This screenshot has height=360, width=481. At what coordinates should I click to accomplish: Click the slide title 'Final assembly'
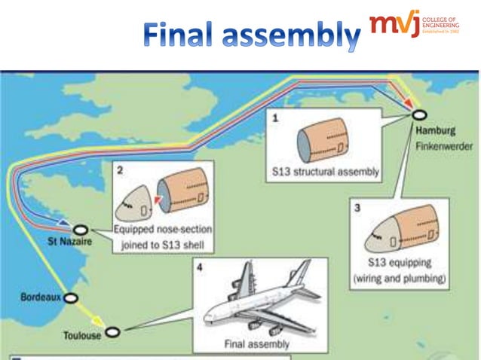(x=249, y=35)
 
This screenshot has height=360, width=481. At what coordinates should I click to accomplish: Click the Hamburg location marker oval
(x=419, y=114)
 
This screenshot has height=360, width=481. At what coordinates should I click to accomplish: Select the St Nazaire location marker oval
(x=79, y=228)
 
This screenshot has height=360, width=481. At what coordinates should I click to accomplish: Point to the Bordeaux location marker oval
(x=70, y=297)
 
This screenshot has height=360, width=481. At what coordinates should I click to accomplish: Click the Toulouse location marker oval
(x=112, y=331)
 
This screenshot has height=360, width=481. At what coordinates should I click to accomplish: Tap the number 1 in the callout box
(x=277, y=118)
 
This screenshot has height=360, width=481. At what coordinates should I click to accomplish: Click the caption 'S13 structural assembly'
(x=326, y=172)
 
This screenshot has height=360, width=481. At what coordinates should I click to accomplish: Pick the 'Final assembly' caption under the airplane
(x=257, y=344)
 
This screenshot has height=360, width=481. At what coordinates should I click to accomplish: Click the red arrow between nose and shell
(x=158, y=200)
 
